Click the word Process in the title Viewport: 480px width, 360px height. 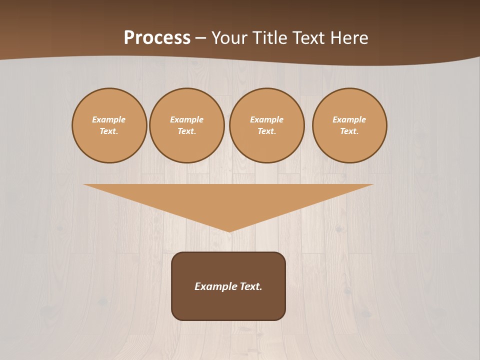[x=157, y=38]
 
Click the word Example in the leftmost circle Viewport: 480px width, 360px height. [x=109, y=119]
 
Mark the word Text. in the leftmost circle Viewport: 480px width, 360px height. [x=109, y=131]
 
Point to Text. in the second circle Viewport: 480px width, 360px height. [x=187, y=131]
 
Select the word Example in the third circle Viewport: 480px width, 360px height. [x=267, y=119]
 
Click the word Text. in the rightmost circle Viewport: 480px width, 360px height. [x=349, y=131]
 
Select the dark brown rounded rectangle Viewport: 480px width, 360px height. [x=228, y=305]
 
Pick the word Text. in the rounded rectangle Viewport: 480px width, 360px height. [x=250, y=286]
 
